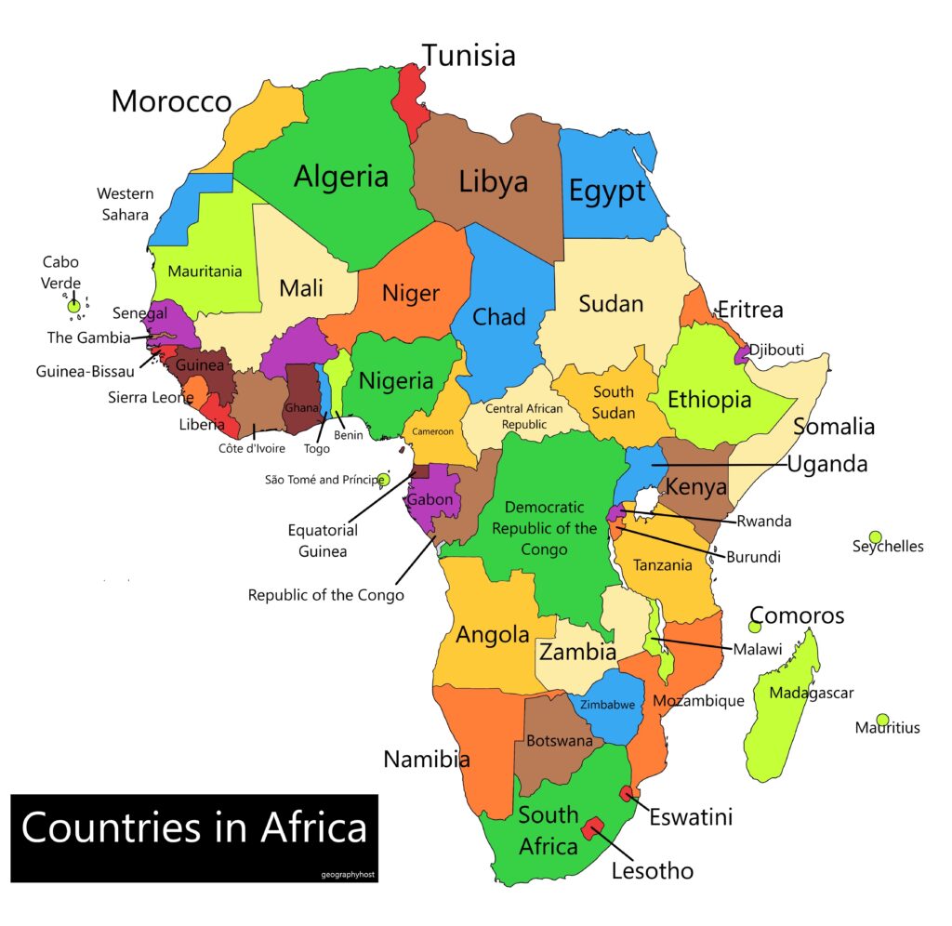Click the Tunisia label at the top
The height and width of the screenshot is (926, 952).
pos(469,56)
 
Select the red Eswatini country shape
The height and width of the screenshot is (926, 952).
pos(628,793)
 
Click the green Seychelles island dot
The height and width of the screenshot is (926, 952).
pos(875,537)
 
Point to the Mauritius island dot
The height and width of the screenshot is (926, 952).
pos(882,720)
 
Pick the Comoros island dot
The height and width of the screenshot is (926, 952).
pos(755,627)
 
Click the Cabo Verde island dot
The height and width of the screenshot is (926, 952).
pos(73,306)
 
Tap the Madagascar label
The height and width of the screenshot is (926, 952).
pos(811,693)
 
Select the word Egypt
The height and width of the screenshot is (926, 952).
pos(606,192)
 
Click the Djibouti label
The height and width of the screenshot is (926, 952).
pos(776,350)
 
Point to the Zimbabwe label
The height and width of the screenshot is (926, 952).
pos(608,705)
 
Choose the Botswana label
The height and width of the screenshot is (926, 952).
pos(559,741)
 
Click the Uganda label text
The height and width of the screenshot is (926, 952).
pos(827,464)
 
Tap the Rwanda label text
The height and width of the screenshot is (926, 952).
pos(763,522)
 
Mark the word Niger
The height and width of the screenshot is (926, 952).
pos(410,294)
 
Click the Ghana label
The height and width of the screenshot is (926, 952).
pos(301,408)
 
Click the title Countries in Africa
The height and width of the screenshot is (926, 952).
pos(193,827)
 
